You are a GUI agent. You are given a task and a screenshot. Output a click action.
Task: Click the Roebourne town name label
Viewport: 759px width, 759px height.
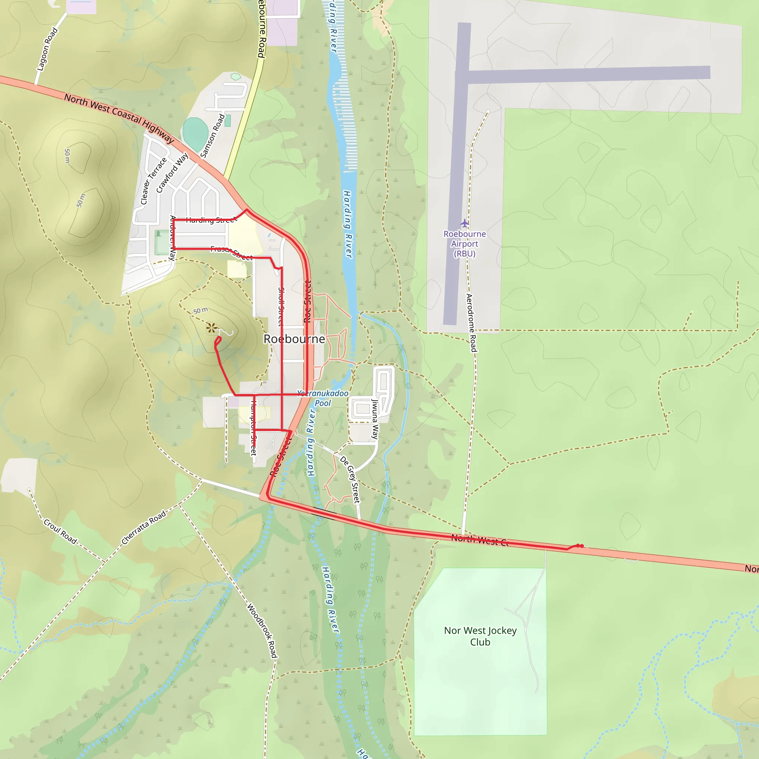294,339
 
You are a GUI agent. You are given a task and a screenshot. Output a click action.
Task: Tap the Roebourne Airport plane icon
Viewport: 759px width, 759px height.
465,223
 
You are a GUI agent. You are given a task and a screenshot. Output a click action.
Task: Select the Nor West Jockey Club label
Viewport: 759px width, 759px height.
480,636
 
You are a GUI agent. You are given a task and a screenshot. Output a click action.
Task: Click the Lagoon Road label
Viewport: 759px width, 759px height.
47,50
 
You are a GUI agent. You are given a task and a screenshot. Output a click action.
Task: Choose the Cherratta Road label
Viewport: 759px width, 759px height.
144,528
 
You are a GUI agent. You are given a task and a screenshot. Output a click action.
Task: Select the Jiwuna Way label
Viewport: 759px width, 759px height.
375,419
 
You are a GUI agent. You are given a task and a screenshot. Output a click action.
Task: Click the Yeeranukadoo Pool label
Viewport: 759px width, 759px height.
322,398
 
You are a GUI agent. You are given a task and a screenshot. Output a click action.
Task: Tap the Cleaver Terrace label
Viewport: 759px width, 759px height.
153,181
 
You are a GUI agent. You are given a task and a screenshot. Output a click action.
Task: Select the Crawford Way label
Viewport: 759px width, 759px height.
172,173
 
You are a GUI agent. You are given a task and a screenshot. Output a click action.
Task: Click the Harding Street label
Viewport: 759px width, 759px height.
211,220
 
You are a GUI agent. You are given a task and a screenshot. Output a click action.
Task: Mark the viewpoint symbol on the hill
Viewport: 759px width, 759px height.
211,328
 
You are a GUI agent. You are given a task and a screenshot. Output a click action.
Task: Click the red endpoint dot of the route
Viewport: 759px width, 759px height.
581,546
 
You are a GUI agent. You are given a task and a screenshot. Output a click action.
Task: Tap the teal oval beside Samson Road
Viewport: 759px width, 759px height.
195,133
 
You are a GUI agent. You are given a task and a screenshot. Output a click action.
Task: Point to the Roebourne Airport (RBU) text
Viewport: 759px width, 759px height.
465,243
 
